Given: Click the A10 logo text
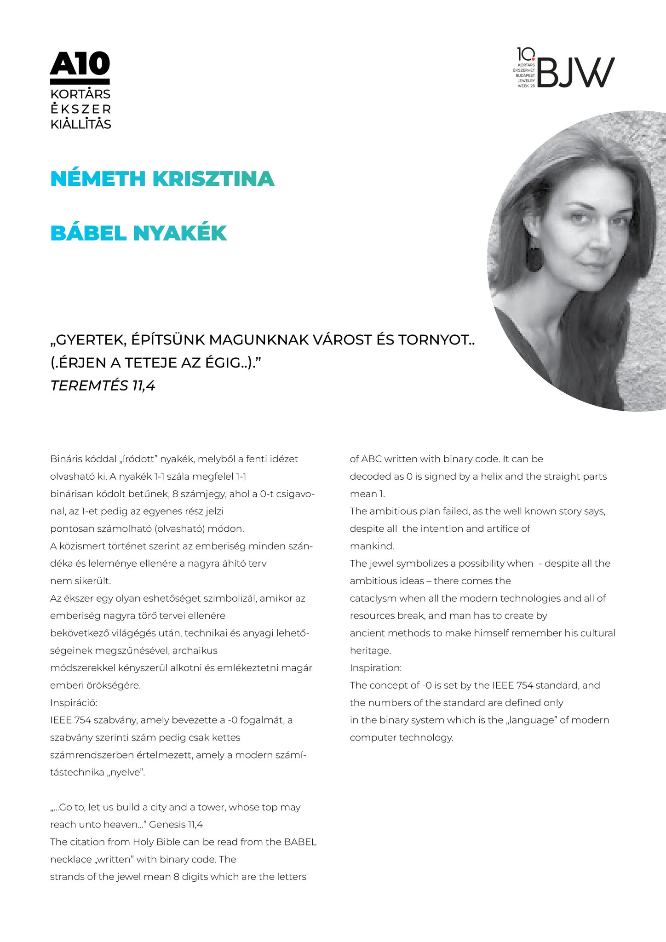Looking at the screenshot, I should tap(80, 63).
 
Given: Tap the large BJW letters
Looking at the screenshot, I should tap(575, 73).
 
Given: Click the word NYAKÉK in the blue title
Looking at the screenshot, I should tap(180, 234).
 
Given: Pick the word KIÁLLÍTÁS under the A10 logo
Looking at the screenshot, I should tap(80, 124).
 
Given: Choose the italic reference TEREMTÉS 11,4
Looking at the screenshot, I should tap(103, 385).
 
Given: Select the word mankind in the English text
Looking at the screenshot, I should tap(372, 546).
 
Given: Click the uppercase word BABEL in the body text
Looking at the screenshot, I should tap(300, 842).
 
